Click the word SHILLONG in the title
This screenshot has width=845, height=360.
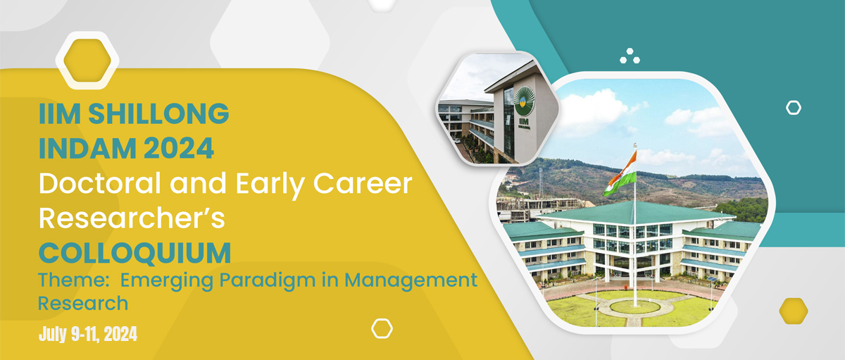click(158, 113)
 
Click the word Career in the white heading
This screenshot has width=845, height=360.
click(363, 183)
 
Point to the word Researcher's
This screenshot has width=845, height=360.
click(132, 218)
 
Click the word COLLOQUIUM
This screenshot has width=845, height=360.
click(134, 253)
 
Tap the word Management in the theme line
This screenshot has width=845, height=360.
click(411, 281)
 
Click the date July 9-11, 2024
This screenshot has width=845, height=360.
click(88, 335)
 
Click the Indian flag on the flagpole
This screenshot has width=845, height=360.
click(621, 173)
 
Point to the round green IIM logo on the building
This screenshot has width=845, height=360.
click(525, 101)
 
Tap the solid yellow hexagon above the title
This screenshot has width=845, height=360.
click(87, 61)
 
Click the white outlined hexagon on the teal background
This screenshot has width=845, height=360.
click(794, 108)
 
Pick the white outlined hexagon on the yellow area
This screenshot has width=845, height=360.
click(382, 328)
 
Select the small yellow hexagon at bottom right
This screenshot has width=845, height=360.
click(794, 311)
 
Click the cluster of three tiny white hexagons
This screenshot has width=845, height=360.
click(630, 56)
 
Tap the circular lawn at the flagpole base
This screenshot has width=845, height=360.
click(635, 306)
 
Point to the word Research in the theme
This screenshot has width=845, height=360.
click(83, 304)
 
